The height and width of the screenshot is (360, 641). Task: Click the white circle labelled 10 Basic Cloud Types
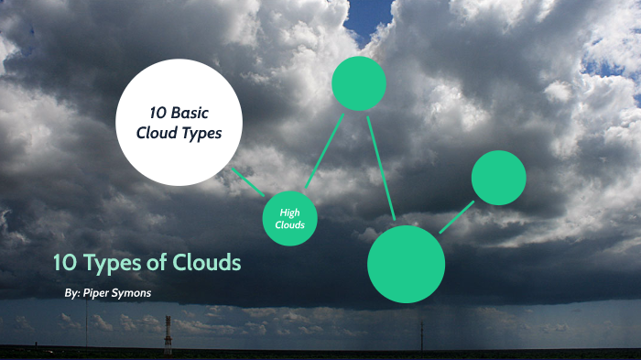click(x=179, y=122)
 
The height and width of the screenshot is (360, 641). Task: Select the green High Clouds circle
click(x=289, y=219)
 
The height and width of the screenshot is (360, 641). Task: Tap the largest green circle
click(x=406, y=264)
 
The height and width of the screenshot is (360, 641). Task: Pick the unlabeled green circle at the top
click(x=358, y=83)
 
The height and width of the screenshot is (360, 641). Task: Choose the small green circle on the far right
click(x=498, y=178)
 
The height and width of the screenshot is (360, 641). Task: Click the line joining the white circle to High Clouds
click(x=247, y=181)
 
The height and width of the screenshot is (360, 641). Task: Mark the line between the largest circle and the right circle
click(x=457, y=216)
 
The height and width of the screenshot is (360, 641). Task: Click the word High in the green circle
click(x=289, y=213)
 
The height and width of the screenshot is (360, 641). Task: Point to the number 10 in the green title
click(x=64, y=264)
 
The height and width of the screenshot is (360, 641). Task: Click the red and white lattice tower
click(x=168, y=334)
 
